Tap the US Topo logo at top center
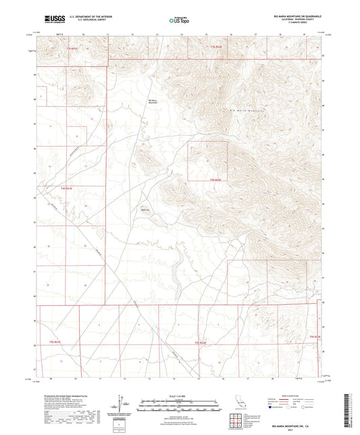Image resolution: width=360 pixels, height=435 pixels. click(x=178, y=20)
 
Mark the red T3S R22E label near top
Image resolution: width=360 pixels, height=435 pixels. click(x=214, y=45)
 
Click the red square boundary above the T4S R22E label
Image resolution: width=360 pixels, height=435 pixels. click(x=207, y=161)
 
